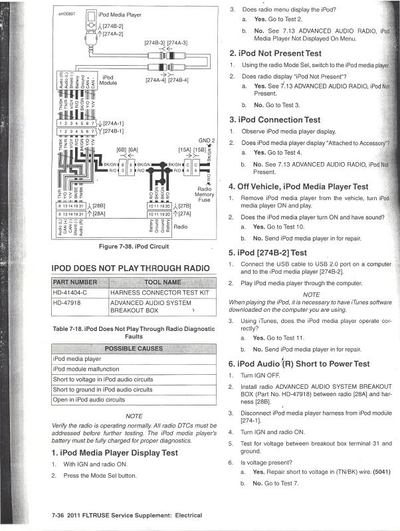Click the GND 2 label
206,141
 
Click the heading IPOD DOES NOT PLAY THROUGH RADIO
126,268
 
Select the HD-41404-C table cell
70,292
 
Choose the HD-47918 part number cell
66,302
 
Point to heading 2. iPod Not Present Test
275,53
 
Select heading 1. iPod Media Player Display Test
114,452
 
